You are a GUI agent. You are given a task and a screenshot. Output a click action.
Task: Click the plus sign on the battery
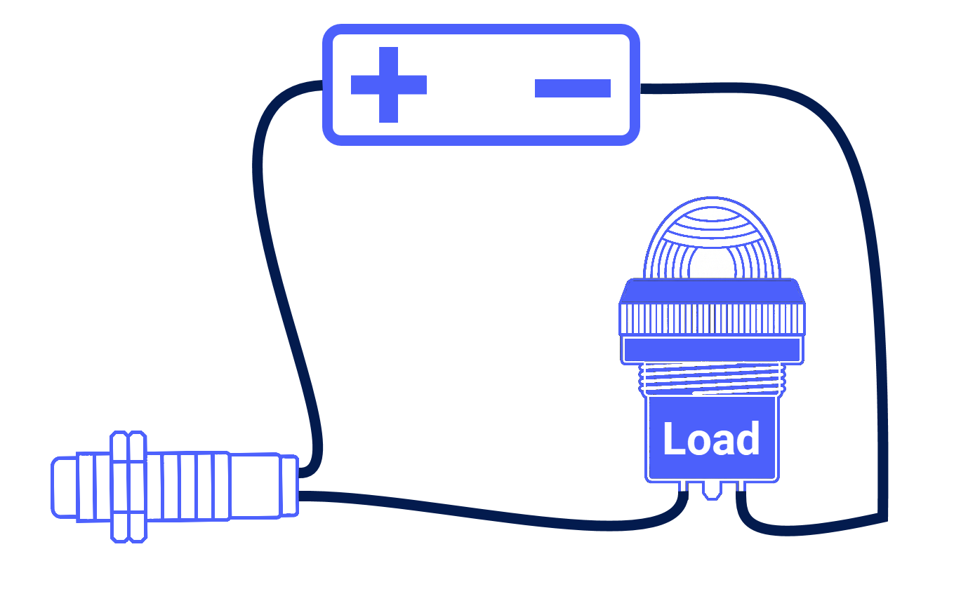389,85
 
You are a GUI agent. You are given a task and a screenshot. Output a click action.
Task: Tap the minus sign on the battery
573,88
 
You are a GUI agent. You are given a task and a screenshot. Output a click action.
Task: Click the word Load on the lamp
711,438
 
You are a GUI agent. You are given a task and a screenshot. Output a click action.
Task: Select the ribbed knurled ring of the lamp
713,318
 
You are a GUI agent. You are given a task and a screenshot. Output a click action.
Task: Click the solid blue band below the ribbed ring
713,349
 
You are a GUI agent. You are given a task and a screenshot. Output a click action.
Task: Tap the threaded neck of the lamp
713,379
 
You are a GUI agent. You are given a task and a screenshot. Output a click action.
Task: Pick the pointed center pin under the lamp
713,490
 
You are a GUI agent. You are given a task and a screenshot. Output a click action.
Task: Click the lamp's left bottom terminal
684,487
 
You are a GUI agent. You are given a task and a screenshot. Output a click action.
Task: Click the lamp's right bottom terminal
741,487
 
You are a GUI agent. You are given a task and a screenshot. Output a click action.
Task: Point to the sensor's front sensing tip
65,487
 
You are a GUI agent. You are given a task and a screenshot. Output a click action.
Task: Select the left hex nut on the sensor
120,487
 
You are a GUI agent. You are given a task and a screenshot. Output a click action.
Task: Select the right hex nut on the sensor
138,487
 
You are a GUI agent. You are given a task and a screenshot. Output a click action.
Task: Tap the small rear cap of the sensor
290,486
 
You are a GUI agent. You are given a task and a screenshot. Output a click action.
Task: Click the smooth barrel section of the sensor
256,486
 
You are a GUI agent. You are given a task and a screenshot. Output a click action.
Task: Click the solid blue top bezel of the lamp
713,291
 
